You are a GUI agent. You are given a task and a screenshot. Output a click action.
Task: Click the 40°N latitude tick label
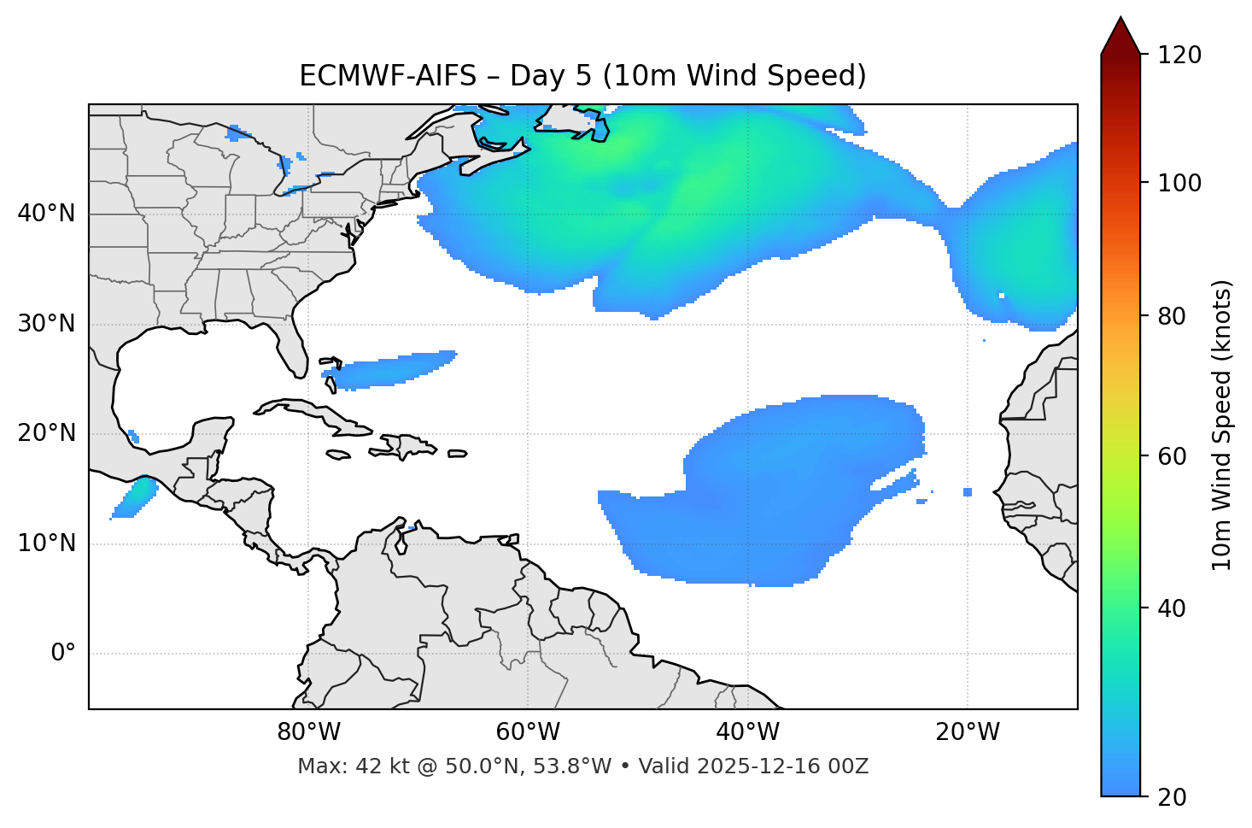(x=46, y=214)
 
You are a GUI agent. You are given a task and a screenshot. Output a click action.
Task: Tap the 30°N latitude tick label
(x=46, y=324)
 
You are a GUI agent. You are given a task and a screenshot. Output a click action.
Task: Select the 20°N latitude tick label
(x=46, y=434)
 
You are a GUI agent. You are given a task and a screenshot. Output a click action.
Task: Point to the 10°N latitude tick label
(x=46, y=543)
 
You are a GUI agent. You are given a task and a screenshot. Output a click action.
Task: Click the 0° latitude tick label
(x=63, y=654)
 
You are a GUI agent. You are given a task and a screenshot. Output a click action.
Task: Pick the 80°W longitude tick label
(x=308, y=732)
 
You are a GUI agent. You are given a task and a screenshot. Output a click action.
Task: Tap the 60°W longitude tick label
(x=528, y=732)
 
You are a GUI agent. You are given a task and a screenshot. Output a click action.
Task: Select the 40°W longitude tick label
(x=747, y=732)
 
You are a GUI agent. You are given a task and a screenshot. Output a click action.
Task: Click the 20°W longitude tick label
(x=967, y=732)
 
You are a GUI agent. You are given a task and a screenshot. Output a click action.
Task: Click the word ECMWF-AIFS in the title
(x=388, y=76)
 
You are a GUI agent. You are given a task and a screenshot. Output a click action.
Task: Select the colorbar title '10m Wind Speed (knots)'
(x=1222, y=426)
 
